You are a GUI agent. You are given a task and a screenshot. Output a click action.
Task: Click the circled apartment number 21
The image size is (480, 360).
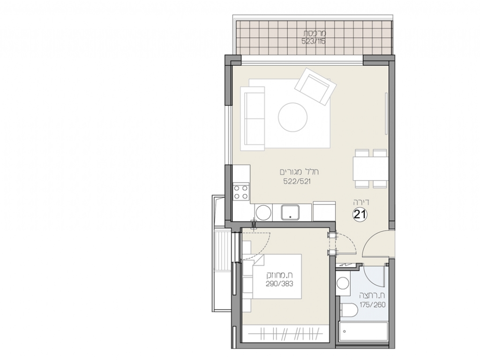pos(360,214)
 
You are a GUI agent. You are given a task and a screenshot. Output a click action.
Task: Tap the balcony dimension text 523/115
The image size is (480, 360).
pos(314,41)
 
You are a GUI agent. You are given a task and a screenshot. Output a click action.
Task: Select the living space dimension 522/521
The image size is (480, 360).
pos(297,181)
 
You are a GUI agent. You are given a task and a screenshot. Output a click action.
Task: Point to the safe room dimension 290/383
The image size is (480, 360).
pos(279,284)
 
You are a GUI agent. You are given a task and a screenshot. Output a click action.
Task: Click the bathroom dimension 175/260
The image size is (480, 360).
pos(372,305)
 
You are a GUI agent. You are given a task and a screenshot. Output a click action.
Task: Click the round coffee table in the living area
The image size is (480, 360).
pos(292,117)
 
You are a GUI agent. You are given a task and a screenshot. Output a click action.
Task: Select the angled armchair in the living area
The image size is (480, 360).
pos(315,86)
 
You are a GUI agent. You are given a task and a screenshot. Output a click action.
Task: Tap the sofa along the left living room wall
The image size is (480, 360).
pos(253,119)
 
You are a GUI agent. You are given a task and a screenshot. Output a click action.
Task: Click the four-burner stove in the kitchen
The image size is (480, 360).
pos(241,192)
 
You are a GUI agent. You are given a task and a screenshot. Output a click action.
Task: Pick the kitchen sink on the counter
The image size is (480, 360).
pos(290,212)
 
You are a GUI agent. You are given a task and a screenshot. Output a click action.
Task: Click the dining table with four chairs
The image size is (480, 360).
pos(371,168)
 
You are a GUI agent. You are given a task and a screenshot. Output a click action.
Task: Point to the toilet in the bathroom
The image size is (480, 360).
pos(348,312)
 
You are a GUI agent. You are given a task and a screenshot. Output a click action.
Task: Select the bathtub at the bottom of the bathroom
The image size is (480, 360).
pos(363,332)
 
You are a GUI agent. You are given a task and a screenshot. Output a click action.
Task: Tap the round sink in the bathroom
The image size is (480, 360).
pos(343,284)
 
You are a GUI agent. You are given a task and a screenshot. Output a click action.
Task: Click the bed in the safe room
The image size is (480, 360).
pos(272,276)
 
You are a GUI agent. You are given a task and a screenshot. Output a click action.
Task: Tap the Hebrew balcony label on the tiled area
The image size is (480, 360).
pos(315,33)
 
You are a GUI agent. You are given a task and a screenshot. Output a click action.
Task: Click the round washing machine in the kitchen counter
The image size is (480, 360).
pos(263,212)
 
